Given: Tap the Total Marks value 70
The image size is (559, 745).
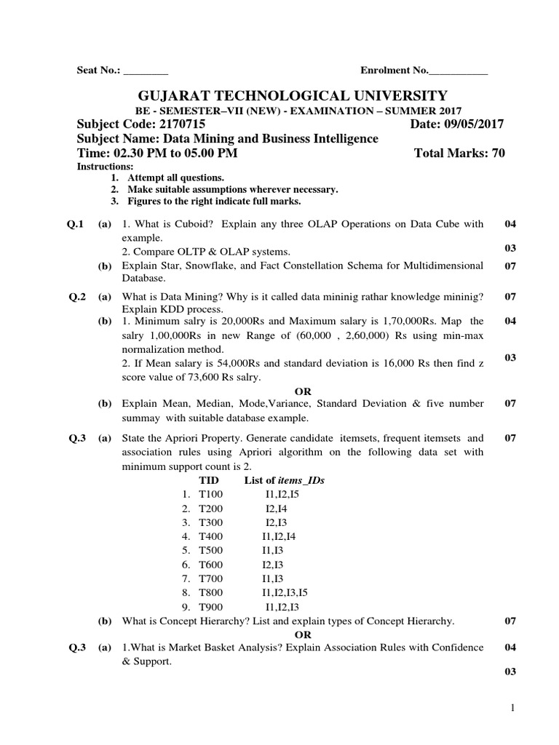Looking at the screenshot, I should click(x=497, y=153).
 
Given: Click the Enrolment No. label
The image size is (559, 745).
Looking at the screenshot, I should click(x=394, y=70).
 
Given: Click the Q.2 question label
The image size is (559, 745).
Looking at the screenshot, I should click(x=76, y=296).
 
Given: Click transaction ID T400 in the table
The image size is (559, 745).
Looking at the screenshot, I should click(x=212, y=536).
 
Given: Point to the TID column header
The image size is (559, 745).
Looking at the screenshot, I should click(x=209, y=480).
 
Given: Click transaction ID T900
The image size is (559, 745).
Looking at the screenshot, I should click(x=212, y=606).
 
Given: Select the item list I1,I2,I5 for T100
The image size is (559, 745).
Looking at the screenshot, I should click(x=282, y=495).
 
